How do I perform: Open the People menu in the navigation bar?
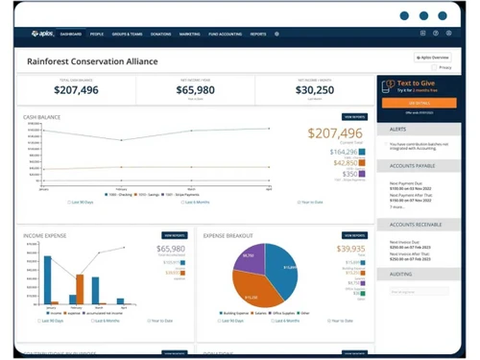coord(97,34)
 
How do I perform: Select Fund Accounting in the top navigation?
coord(225,34)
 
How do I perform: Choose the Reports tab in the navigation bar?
coord(258,34)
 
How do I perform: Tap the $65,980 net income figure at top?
coord(196,89)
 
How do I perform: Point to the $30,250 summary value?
coord(315,89)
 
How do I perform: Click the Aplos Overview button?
coord(435,58)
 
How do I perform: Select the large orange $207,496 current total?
coord(336,133)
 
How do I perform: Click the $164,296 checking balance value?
coord(343,152)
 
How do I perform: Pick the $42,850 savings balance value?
coord(345,163)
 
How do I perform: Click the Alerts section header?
coord(397,127)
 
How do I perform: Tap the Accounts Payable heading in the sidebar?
coord(414,164)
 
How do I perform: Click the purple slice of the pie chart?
coord(250,255)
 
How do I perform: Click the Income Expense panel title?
coord(46,233)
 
